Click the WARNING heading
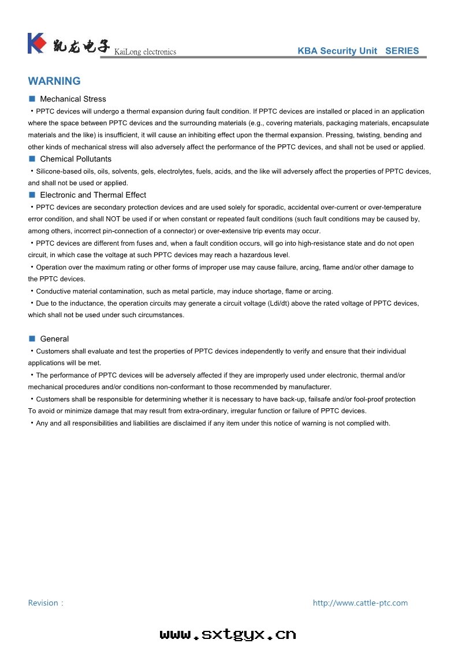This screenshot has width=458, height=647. [x=54, y=81]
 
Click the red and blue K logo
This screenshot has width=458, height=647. [x=36, y=43]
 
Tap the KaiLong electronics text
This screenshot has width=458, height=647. [x=145, y=52]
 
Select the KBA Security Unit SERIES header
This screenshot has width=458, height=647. [x=358, y=51]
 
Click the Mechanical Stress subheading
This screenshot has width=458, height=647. [x=73, y=99]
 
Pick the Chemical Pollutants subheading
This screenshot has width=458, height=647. [x=76, y=159]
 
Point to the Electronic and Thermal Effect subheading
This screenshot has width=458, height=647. [x=93, y=195]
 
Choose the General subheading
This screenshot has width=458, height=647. [x=54, y=339]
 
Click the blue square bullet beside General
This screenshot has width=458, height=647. [x=32, y=338]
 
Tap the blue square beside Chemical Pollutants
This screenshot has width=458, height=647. [x=32, y=159]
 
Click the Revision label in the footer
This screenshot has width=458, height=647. [x=45, y=603]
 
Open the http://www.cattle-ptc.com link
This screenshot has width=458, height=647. [x=360, y=603]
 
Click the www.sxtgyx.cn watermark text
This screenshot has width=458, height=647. [x=228, y=634]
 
